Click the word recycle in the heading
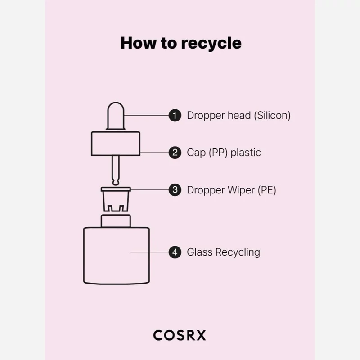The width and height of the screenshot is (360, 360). [211, 44]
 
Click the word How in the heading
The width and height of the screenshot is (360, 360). [137, 43]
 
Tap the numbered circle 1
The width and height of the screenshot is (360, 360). [175, 115]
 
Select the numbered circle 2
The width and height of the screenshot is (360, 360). [175, 153]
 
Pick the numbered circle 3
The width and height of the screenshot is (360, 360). [175, 190]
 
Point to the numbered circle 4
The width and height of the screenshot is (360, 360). [175, 252]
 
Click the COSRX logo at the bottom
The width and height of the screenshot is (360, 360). [180, 335]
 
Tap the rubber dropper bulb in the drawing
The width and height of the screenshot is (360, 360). [116, 117]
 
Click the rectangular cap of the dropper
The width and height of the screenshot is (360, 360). [116, 144]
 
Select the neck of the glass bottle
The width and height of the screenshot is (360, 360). [116, 221]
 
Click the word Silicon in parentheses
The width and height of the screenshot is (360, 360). [272, 115]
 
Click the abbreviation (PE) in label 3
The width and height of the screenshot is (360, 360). [267, 190]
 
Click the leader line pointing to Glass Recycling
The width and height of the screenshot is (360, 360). [148, 252]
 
